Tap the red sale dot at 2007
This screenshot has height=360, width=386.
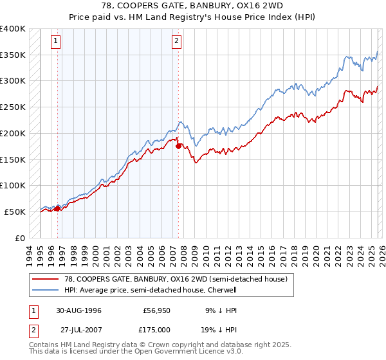[178, 146]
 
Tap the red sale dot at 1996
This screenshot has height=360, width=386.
[58, 208]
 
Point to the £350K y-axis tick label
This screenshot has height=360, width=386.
[13, 55]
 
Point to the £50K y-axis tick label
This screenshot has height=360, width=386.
[15, 212]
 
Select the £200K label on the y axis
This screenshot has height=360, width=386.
[13, 134]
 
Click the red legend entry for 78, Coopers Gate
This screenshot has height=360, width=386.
[170, 278]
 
